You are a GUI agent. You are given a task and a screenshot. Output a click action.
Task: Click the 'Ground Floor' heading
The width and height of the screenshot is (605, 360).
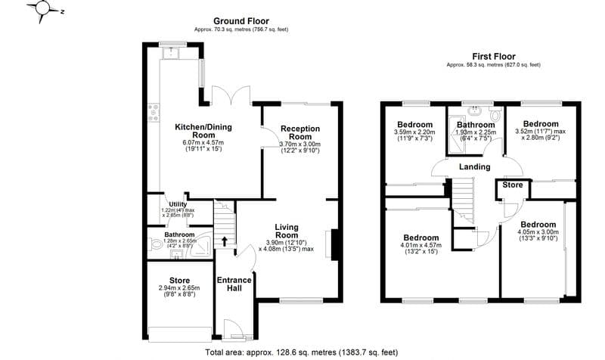(x=240, y=20)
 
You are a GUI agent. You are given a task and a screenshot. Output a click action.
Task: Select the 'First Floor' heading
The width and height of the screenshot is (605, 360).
(x=493, y=55)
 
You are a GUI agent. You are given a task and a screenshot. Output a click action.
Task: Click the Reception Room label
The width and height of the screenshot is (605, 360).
(x=300, y=132)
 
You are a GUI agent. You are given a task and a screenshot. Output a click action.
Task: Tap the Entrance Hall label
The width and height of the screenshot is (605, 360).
(x=234, y=285)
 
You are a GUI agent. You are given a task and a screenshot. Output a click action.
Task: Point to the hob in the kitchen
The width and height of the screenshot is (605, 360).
(x=154, y=113)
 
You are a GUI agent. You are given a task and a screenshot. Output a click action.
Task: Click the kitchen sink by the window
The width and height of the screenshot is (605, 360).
(x=173, y=52)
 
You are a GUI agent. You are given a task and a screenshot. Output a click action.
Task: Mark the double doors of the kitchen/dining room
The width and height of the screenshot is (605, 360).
(x=229, y=97)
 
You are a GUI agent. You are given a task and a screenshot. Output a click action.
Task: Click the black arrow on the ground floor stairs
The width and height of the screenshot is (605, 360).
(x=224, y=241)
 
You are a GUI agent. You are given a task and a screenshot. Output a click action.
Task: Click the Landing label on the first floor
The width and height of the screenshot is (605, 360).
(x=474, y=167)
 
